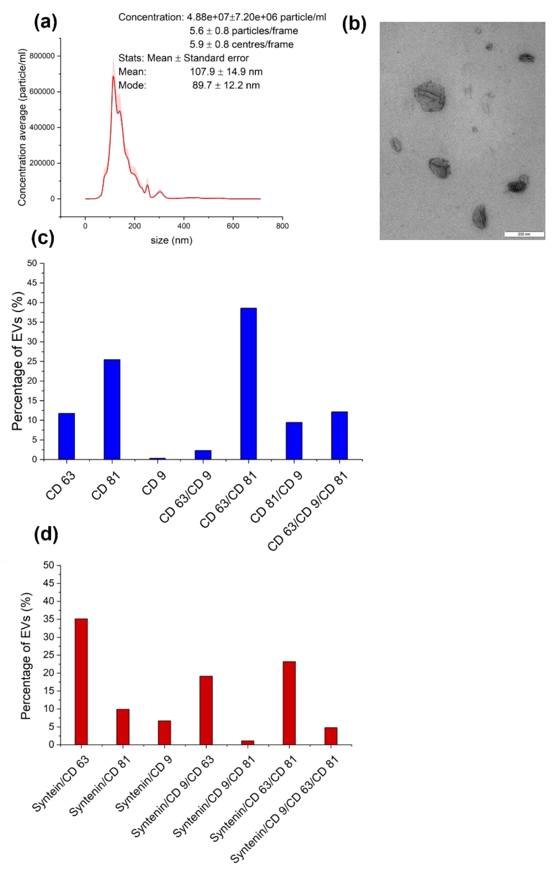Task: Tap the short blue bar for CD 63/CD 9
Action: click(x=203, y=455)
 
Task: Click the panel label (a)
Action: click(x=46, y=22)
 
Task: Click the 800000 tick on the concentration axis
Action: click(x=42, y=56)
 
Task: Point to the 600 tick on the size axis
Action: click(x=233, y=226)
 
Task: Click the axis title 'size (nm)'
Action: click(x=172, y=240)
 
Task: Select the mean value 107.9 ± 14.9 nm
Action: click(x=226, y=72)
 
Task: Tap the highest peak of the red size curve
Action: click(x=113, y=76)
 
